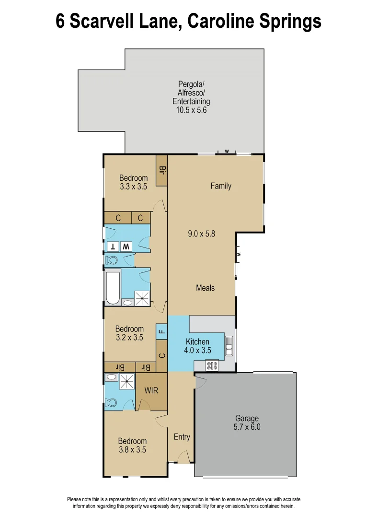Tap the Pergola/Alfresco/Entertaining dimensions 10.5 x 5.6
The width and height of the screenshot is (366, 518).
(191, 110)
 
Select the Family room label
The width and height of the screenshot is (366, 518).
(221, 186)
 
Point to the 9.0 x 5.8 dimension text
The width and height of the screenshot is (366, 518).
(201, 234)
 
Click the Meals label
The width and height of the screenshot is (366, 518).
(205, 288)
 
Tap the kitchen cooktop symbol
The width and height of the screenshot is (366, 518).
(212, 366)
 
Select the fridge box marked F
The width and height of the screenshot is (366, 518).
(161, 331)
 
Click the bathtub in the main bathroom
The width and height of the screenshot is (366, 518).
(113, 287)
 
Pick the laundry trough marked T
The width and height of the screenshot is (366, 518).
(113, 247)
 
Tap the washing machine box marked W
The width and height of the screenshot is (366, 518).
(126, 247)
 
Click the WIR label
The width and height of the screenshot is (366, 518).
(151, 391)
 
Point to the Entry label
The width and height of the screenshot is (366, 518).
(182, 437)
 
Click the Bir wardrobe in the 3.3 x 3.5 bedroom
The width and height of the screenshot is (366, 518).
(162, 171)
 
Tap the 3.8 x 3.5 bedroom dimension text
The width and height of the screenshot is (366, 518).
(132, 450)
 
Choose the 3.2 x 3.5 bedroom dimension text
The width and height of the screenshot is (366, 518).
(129, 337)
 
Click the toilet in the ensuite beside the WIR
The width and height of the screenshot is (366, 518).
(111, 402)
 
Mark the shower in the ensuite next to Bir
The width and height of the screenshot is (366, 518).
(127, 382)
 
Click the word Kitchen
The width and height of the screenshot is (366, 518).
(197, 341)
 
